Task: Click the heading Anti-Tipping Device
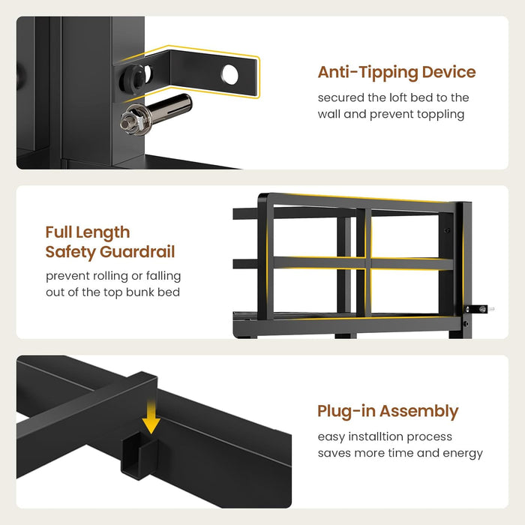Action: [x=397, y=72]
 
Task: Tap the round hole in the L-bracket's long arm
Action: [x=230, y=74]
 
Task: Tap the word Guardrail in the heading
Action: [x=137, y=252]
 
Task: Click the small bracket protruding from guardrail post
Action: [x=477, y=309]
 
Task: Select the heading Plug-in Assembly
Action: [x=388, y=412]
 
